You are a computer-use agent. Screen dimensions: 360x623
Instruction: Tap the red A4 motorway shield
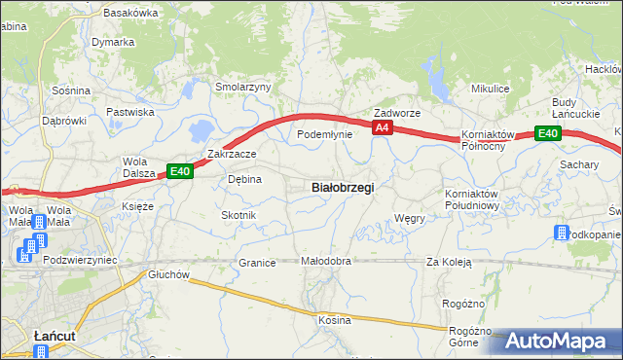[x=382, y=127]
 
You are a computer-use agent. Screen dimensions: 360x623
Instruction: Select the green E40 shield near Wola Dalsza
[x=179, y=171]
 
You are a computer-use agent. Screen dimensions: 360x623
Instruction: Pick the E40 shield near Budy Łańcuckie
[x=547, y=133]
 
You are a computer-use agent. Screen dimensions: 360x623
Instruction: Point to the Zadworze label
[x=397, y=113]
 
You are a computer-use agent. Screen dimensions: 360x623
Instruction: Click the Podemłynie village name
[x=324, y=134]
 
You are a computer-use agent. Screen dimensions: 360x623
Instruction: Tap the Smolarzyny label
[x=242, y=87]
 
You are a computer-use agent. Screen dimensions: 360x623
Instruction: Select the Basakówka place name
[x=129, y=13]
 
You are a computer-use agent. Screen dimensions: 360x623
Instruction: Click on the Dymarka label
[x=113, y=43]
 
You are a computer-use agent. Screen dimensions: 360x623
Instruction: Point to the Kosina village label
[x=334, y=320]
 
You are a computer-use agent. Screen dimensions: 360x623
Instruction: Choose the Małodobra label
[x=325, y=262]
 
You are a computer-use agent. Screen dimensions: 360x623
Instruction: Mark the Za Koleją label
[x=449, y=262]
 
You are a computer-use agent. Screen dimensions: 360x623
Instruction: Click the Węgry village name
[x=410, y=218]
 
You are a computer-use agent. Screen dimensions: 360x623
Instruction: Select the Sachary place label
[x=578, y=165]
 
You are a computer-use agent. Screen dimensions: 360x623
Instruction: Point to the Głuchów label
[x=168, y=274]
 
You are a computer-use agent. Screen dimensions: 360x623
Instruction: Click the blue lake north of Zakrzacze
[x=202, y=129]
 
